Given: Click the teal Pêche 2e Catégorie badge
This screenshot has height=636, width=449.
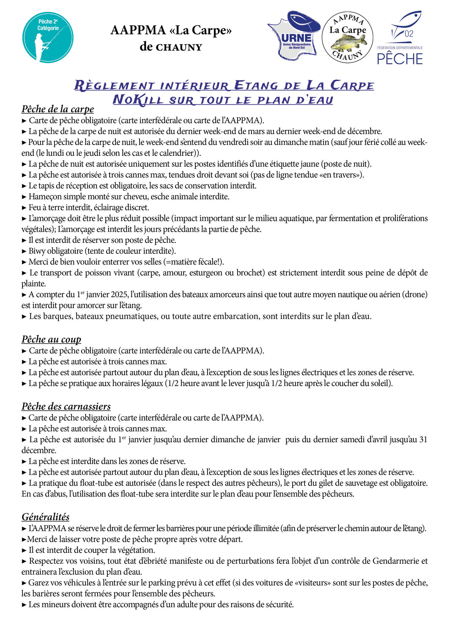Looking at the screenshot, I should (x=48, y=37).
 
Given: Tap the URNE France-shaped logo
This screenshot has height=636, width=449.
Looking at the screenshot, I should (x=294, y=36).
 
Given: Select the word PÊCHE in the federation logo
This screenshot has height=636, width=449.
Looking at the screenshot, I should (x=400, y=59).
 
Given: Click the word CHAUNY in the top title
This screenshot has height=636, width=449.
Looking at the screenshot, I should (x=179, y=47).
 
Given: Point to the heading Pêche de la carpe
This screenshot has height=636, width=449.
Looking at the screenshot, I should (x=58, y=109).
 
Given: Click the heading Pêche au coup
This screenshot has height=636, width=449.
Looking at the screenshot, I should (x=51, y=339).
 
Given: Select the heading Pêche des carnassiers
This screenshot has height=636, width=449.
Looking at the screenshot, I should (x=66, y=406).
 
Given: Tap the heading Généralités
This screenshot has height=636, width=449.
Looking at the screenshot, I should (x=46, y=517).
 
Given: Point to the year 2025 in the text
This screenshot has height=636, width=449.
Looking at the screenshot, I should (x=120, y=294).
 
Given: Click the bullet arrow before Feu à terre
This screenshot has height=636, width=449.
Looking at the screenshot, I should (x=24, y=208).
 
